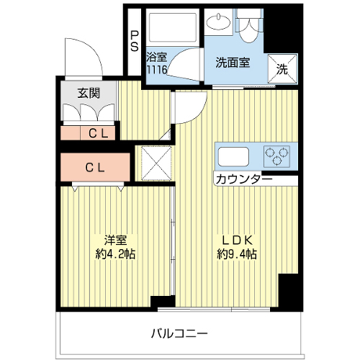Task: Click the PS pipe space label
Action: tap(135, 42)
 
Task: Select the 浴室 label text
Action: tap(156, 58)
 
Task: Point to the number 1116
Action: tap(156, 70)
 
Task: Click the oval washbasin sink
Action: tap(219, 22)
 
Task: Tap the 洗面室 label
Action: tap(233, 63)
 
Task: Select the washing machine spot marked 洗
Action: tap(282, 69)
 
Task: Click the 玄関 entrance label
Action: tap(89, 93)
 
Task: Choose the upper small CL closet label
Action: tap(98, 133)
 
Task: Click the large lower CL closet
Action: tap(95, 167)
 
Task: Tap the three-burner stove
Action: tap(276, 156)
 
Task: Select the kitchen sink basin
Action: tap(233, 156)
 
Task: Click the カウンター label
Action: tap(244, 179)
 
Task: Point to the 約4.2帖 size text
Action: tap(115, 254)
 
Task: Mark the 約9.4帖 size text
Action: tap(237, 254)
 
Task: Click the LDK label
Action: tap(237, 240)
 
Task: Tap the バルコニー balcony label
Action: tap(179, 333)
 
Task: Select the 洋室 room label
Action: tap(115, 240)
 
